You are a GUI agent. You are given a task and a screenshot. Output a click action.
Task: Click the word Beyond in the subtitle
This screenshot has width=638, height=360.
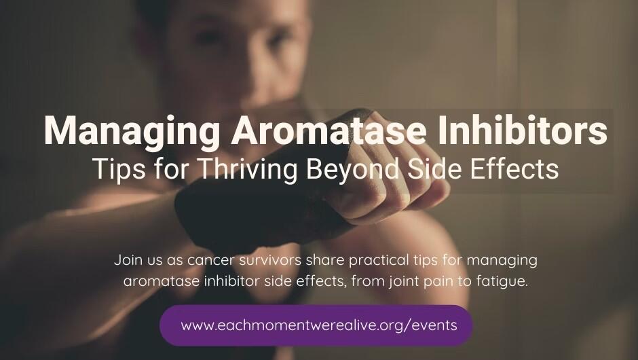point(344,168)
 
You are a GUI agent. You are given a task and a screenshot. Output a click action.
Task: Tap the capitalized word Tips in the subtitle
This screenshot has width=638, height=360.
point(114,168)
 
